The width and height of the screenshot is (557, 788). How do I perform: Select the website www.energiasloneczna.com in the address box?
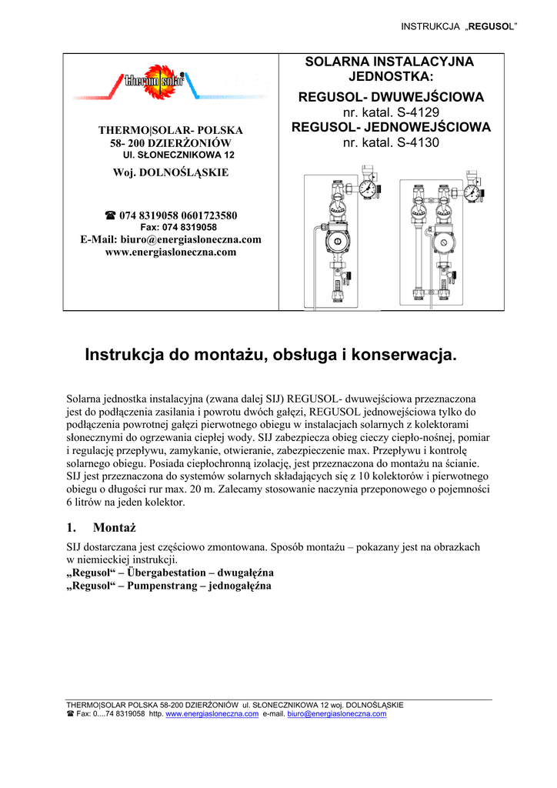click(x=171, y=252)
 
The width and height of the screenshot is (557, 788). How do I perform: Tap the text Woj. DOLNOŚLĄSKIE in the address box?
click(x=171, y=172)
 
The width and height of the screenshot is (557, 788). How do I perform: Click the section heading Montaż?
click(x=114, y=527)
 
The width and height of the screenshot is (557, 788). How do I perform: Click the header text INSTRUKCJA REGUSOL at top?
click(x=459, y=28)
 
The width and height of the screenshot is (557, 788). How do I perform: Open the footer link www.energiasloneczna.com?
click(x=212, y=714)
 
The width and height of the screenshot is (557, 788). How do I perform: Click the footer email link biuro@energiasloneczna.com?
click(x=336, y=714)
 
